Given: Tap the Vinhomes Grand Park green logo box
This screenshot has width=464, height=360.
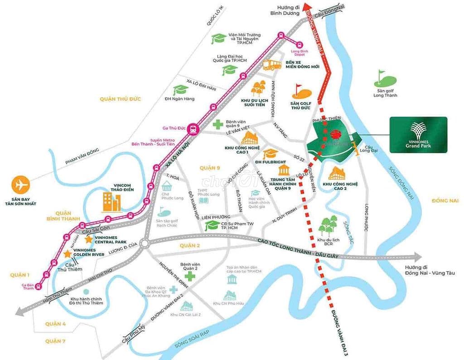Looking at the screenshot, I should (418, 135).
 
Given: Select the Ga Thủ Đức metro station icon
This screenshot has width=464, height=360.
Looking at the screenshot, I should (193, 129).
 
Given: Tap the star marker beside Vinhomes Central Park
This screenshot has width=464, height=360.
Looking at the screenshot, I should (89, 238).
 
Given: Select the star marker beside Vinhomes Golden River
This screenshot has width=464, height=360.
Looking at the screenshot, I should (68, 254).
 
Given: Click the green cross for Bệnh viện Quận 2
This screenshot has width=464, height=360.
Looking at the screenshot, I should (190, 276).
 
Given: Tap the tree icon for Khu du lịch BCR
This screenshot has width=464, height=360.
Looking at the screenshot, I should (329, 226).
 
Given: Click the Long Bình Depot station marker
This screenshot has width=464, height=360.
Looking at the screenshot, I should (300, 44).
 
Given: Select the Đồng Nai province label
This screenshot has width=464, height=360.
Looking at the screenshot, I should (445, 200).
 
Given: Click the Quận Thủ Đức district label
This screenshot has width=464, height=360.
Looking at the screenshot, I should (121, 99).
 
